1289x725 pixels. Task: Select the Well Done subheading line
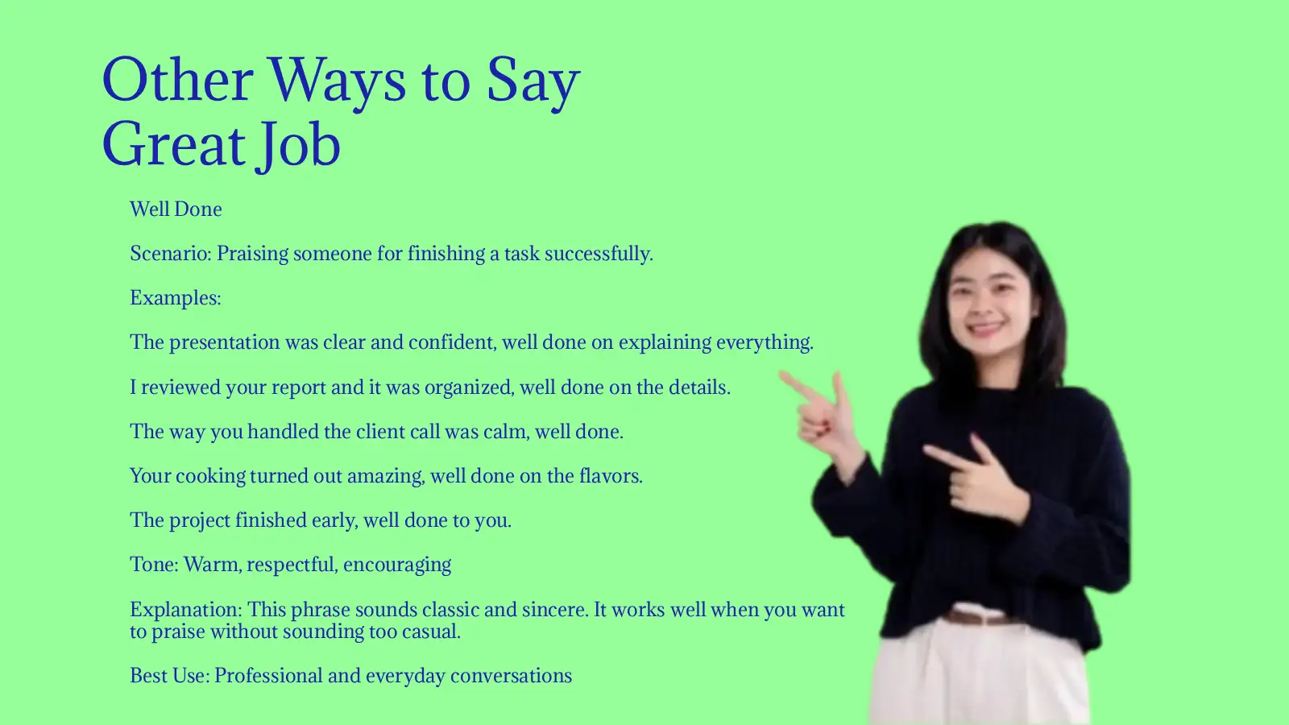[176, 209]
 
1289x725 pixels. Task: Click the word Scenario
[169, 254]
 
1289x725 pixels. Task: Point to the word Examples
[175, 298]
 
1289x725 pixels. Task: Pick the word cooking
[210, 476]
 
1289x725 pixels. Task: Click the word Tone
[153, 565]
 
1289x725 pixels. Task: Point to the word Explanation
[184, 610]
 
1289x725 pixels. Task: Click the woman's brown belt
[979, 618]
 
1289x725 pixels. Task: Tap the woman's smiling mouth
[986, 329]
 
